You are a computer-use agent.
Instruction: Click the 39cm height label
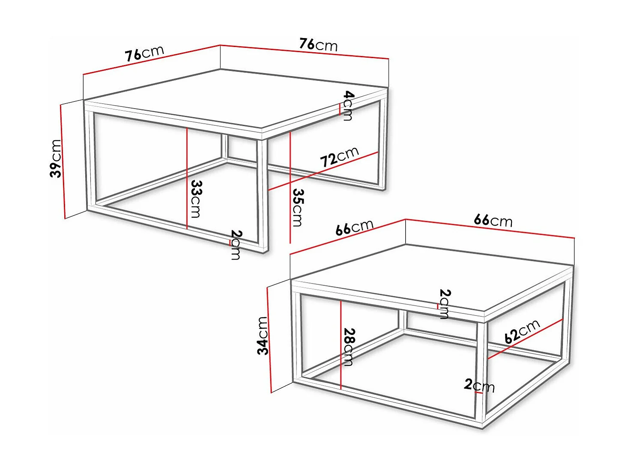coord(56,158)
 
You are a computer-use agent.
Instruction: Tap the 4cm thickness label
coord(349,105)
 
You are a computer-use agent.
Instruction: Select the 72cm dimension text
coord(339,157)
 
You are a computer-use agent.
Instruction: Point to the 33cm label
coord(196,198)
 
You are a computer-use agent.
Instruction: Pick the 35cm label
coord(298,207)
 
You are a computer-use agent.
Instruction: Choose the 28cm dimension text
coord(349,347)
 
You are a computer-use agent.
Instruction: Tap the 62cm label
coord(522,331)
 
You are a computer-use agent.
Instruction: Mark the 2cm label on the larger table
coord(236,245)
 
